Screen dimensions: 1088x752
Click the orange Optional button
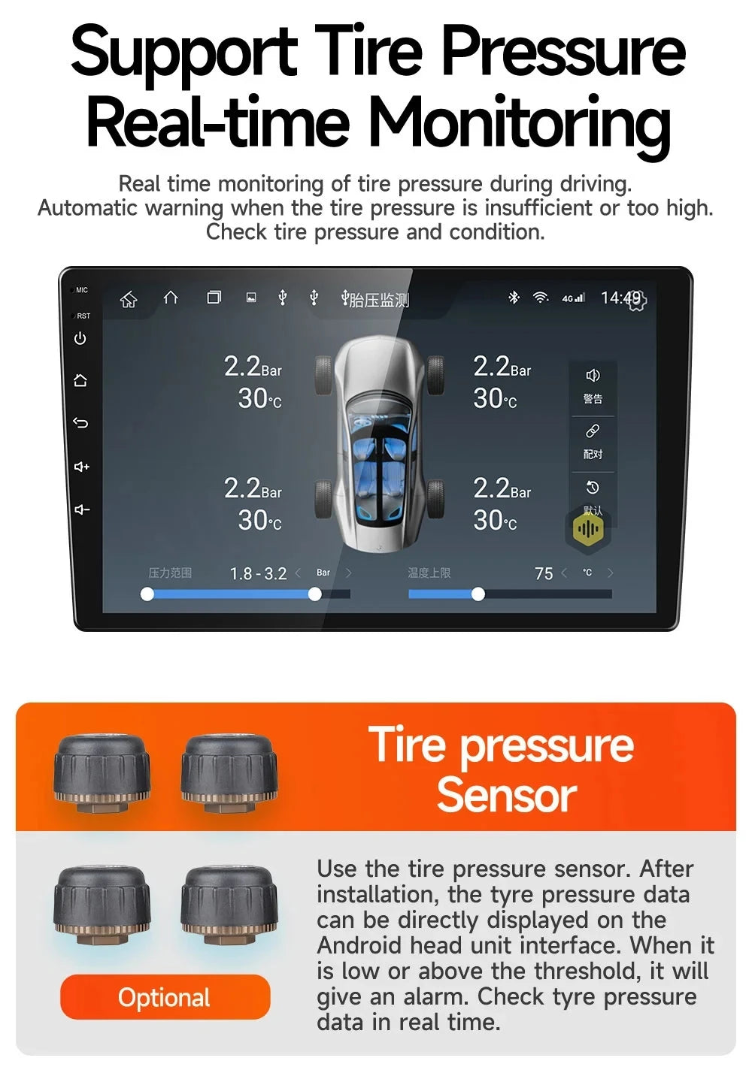coord(165,997)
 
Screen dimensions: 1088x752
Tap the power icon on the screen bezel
coord(80,339)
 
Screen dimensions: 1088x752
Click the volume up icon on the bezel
coord(81,467)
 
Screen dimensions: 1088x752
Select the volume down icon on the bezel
coord(81,510)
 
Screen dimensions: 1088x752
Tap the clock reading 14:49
coord(620,298)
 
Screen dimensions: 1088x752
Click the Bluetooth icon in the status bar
coord(514,298)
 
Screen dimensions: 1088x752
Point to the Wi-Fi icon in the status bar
coord(540,298)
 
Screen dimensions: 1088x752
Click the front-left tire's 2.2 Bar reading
coord(253,367)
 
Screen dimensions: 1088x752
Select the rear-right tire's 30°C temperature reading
coord(495,520)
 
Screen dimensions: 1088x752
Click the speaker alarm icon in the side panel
coord(593,376)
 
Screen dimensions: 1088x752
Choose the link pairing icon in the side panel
coord(593,431)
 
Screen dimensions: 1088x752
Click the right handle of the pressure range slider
coord(315,594)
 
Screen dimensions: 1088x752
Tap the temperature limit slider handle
coord(478,594)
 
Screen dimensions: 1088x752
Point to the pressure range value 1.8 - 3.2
coord(258,574)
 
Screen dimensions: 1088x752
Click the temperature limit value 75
coord(544,574)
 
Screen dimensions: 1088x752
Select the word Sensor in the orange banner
coord(506,795)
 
